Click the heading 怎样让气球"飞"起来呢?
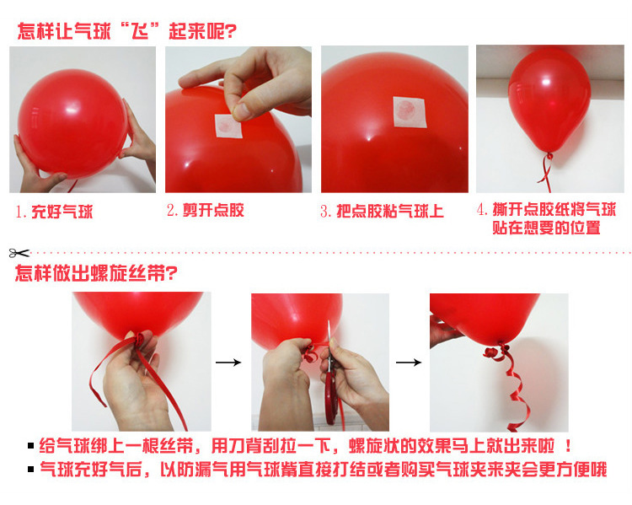coord(126,32)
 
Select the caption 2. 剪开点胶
coord(205,210)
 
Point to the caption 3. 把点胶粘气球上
coord(381,211)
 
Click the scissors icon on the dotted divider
coord(19,252)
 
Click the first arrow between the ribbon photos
coord(228,363)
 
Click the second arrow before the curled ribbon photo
coord(409,363)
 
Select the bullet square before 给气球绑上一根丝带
coord(31,447)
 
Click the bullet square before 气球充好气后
coord(31,470)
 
